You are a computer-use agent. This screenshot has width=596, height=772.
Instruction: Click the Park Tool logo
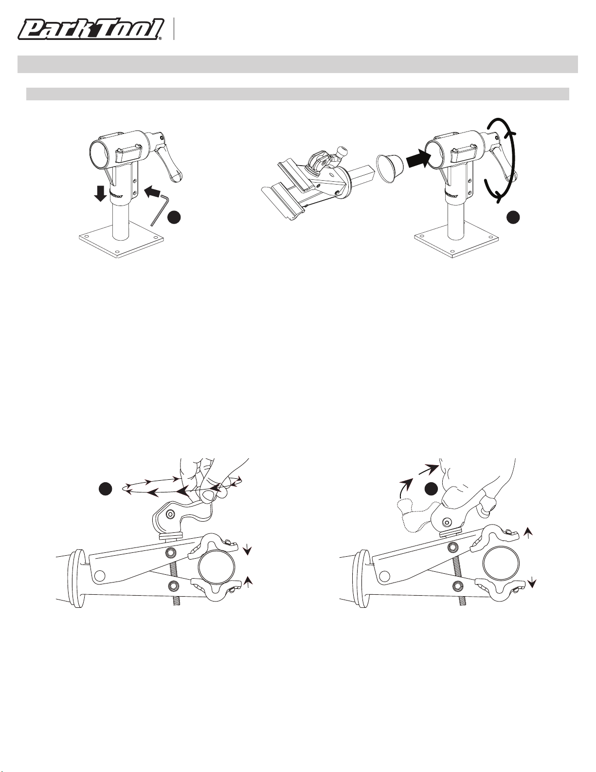(x=91, y=29)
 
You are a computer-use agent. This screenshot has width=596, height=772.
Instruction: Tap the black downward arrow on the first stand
(x=102, y=193)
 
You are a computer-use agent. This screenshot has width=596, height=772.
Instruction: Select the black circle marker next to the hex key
(x=175, y=217)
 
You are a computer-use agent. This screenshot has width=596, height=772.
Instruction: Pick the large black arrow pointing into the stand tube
(x=418, y=158)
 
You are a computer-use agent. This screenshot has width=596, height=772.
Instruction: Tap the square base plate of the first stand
(x=121, y=245)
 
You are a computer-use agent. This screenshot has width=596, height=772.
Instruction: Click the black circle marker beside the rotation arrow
(x=513, y=217)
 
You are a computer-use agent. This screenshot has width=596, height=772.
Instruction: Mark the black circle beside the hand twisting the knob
(x=106, y=489)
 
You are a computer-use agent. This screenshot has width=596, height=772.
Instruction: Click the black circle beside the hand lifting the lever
(x=432, y=489)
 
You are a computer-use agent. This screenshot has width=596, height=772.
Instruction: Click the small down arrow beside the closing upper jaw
(x=248, y=550)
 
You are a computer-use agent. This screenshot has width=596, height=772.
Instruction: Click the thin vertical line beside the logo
(x=174, y=29)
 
